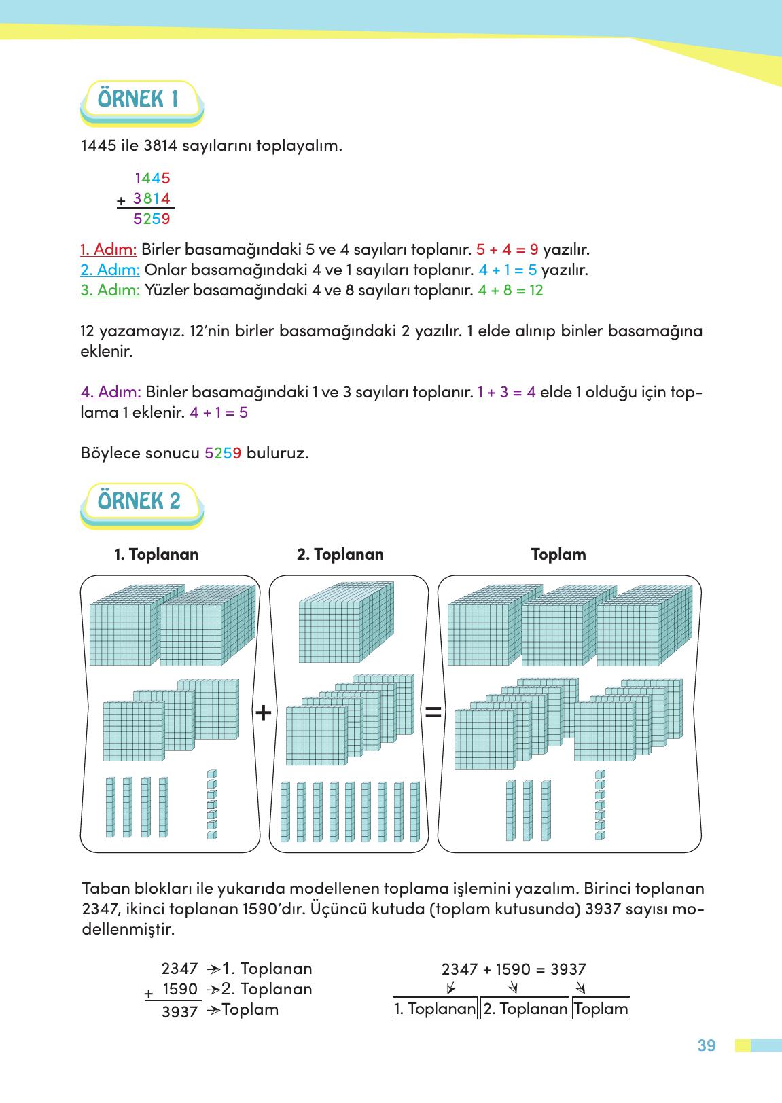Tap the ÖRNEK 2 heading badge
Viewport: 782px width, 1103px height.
pyautogui.click(x=140, y=502)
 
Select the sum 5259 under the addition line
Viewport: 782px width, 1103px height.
pyautogui.click(x=152, y=219)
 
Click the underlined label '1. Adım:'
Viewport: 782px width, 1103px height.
pyautogui.click(x=109, y=249)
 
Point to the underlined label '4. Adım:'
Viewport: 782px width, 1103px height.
pyautogui.click(x=111, y=392)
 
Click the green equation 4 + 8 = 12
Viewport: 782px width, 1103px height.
pyautogui.click(x=510, y=291)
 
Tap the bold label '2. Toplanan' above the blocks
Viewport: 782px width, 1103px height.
pyautogui.click(x=340, y=554)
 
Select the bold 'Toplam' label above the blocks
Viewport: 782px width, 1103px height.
pyautogui.click(x=558, y=554)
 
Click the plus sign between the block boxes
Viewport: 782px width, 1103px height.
pyautogui.click(x=264, y=712)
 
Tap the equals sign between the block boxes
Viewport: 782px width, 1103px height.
pyautogui.click(x=433, y=712)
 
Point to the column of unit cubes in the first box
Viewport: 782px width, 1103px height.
pyautogui.click(x=212, y=804)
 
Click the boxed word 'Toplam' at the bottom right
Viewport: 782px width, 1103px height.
pyautogui.click(x=601, y=1009)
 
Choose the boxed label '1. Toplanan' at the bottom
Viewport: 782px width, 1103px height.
pyautogui.click(x=435, y=1009)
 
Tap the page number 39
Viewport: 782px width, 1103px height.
pyautogui.click(x=707, y=1046)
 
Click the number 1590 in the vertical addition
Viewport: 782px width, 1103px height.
pyautogui.click(x=180, y=989)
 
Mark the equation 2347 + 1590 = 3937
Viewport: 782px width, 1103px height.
pyautogui.click(x=514, y=969)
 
